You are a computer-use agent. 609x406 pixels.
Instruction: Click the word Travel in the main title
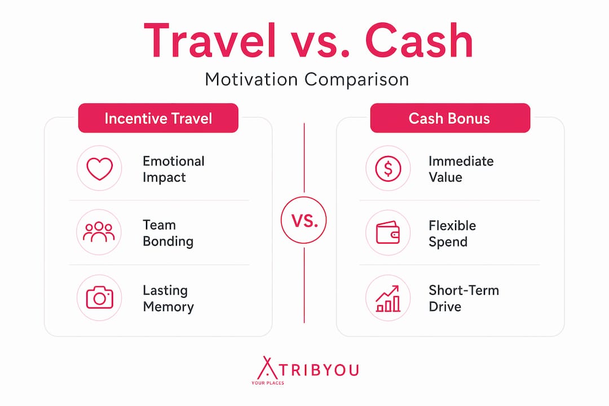[x=210, y=41]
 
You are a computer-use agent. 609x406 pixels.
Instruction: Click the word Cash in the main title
[x=419, y=41]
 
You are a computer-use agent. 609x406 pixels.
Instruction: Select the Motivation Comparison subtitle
[x=307, y=80]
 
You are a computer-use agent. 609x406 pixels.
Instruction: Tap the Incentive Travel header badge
[x=158, y=118]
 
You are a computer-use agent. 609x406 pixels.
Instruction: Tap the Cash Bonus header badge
[x=450, y=118]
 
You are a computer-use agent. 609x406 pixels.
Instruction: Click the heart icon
[x=99, y=169]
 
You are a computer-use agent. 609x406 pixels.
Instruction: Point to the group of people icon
[x=99, y=232]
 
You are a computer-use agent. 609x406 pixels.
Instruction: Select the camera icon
[x=99, y=298]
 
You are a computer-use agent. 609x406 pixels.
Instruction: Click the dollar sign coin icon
[x=388, y=169]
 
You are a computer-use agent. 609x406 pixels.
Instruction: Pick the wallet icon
[x=387, y=233]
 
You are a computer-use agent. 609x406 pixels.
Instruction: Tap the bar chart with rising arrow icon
[x=387, y=298]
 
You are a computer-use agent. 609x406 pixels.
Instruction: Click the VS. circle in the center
[x=304, y=220]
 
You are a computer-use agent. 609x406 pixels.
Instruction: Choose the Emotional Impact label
[x=173, y=169]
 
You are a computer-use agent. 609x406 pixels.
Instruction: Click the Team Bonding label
[x=168, y=233]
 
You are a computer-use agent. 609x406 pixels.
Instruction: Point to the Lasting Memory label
[x=168, y=298]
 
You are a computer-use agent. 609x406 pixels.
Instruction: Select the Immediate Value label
[x=461, y=169]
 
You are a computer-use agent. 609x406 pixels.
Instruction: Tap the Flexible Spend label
[x=452, y=233]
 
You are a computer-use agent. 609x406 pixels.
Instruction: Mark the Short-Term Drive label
[x=464, y=298]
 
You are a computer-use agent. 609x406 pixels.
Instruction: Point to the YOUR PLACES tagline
[x=268, y=383]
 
